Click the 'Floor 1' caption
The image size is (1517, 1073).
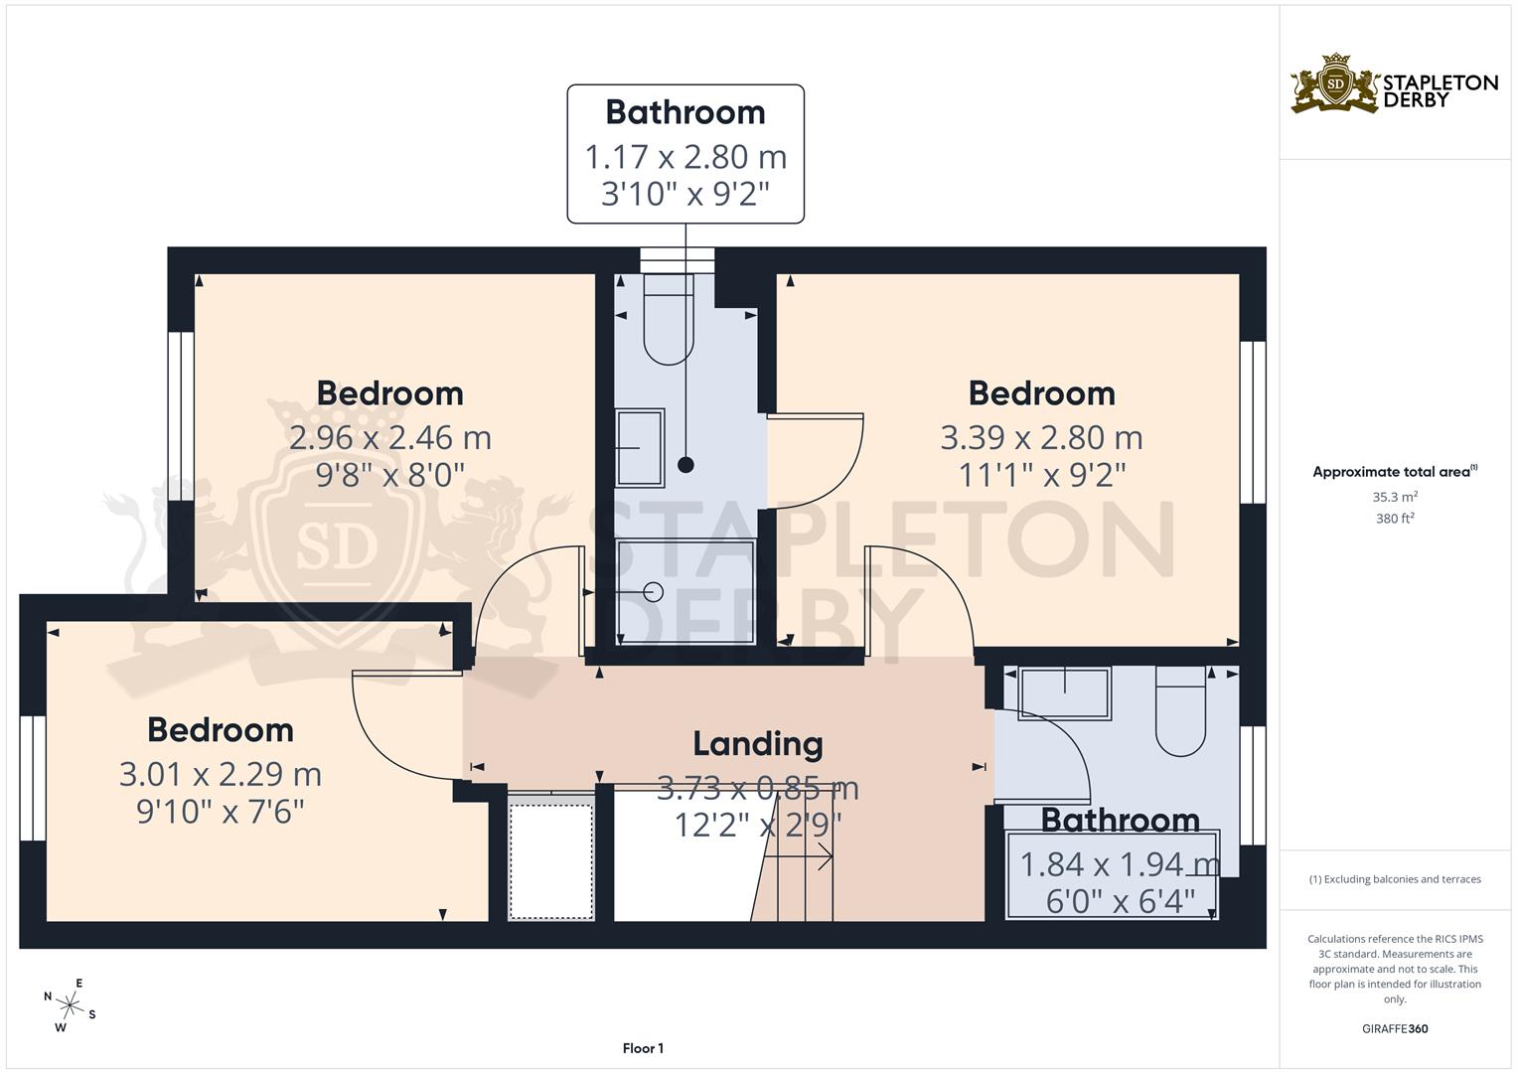pos(643,1048)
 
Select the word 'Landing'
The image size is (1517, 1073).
pos(757,743)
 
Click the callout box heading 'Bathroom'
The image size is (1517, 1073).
pos(684,112)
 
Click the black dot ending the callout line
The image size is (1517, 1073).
pos(685,464)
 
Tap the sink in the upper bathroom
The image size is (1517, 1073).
pos(640,448)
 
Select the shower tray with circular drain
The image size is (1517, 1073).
pos(685,592)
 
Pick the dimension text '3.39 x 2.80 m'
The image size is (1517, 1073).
pos(1041,437)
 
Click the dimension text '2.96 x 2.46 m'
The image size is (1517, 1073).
pos(389,437)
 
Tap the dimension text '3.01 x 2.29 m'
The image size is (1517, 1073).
pos(220,773)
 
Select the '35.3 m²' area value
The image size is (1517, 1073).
pos(1395,497)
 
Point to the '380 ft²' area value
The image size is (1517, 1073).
pos(1395,518)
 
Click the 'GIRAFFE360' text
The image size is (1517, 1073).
pos(1396,1028)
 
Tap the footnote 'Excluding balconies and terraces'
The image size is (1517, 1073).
pos(1395,879)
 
